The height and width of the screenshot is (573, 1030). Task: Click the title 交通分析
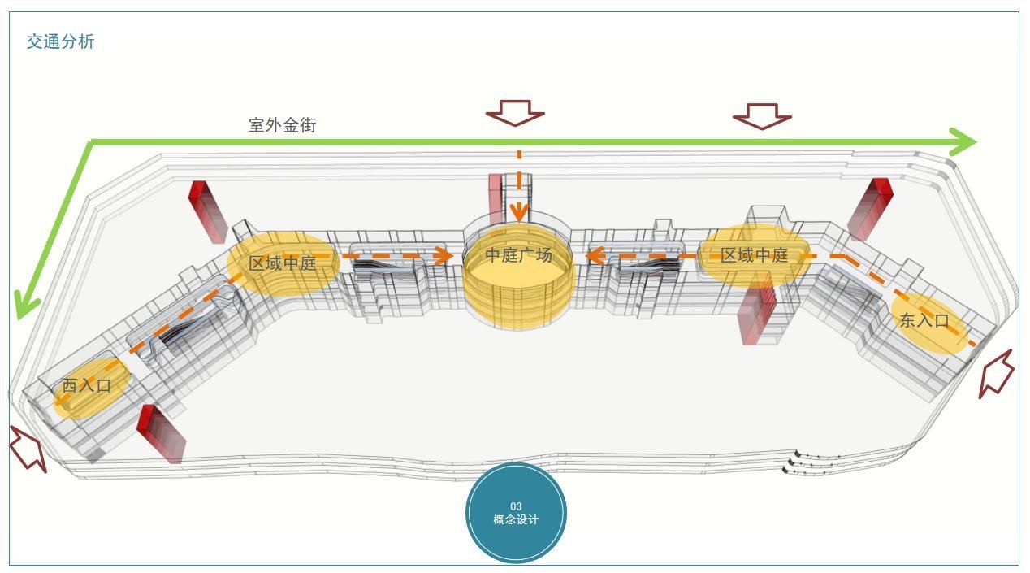pos(60,41)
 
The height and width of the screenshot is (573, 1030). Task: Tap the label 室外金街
pos(283,124)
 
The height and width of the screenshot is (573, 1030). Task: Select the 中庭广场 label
pos(519,255)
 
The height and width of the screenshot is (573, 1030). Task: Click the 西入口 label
pos(86,385)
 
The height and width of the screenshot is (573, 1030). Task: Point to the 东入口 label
pos(924,320)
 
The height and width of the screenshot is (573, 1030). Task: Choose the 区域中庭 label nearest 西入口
pos(283,263)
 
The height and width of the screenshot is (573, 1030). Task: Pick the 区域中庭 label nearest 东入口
pos(754,255)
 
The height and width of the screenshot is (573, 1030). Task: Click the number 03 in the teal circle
pos(516,506)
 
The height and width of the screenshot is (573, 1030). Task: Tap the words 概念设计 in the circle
pos(516,519)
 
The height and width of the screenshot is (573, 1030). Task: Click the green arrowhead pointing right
pos(963,141)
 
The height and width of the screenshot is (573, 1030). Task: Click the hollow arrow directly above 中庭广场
pos(516,112)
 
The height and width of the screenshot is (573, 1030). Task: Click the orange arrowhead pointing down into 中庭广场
pos(520,213)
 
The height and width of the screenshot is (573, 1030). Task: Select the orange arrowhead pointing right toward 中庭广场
pos(444,256)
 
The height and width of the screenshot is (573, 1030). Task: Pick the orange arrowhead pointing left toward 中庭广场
pos(595,256)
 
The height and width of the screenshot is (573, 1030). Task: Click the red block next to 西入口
pos(162,434)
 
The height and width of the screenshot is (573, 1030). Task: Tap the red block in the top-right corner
pos(870,209)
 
